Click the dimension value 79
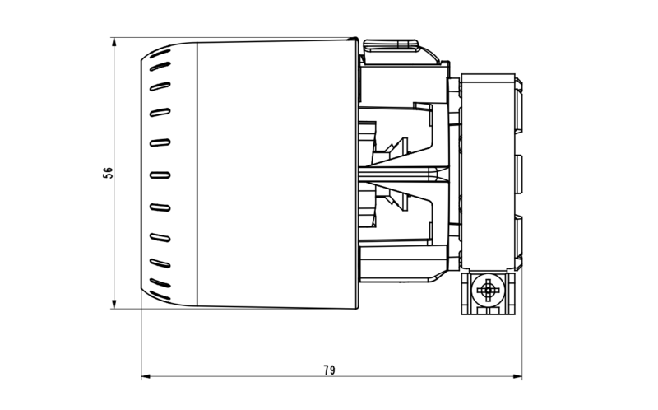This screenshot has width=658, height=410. pyautogui.click(x=329, y=370)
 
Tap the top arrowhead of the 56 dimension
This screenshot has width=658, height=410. pyautogui.click(x=114, y=40)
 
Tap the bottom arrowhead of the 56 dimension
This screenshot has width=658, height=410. pyautogui.click(x=114, y=305)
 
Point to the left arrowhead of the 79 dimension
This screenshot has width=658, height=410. pyautogui.click(x=146, y=377)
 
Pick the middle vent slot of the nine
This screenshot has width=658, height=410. pyautogui.click(x=160, y=175)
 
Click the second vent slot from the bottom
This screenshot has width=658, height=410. pyautogui.click(x=160, y=265)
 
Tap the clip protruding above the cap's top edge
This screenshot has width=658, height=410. pyautogui.click(x=393, y=44)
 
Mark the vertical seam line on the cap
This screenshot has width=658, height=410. pyautogui.click(x=197, y=173)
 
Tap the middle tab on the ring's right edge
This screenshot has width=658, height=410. pyautogui.click(x=520, y=172)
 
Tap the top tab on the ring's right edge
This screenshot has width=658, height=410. pyautogui.click(x=520, y=108)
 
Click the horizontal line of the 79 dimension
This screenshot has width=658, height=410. pyautogui.click(x=247, y=377)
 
